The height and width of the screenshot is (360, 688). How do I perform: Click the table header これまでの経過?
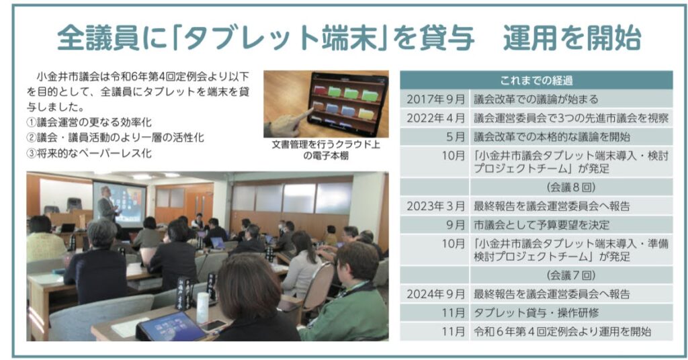[x=535, y=81]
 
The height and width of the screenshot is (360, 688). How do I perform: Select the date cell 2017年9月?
[x=435, y=99]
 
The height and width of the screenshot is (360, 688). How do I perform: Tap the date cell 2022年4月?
[x=435, y=118]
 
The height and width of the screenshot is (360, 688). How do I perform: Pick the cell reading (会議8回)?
[x=571, y=187]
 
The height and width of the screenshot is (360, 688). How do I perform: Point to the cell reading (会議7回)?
[x=571, y=275]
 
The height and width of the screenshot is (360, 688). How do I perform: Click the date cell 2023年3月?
[x=435, y=206]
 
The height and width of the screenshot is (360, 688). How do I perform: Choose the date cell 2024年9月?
[x=435, y=294]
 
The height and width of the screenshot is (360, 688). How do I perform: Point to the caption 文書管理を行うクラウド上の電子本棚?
[x=326, y=150]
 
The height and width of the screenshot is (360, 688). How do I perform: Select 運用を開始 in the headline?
[x=572, y=38]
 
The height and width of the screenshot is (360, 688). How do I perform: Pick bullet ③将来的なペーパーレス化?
[x=89, y=154]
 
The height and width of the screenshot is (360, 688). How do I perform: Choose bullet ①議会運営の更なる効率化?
[x=89, y=122]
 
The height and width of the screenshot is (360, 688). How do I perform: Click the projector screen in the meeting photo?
[x=120, y=205]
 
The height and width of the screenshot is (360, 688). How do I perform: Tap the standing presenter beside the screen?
[x=108, y=206]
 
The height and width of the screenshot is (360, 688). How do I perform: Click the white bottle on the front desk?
[x=203, y=308]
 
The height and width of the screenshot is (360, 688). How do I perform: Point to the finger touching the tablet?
[x=304, y=116]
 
